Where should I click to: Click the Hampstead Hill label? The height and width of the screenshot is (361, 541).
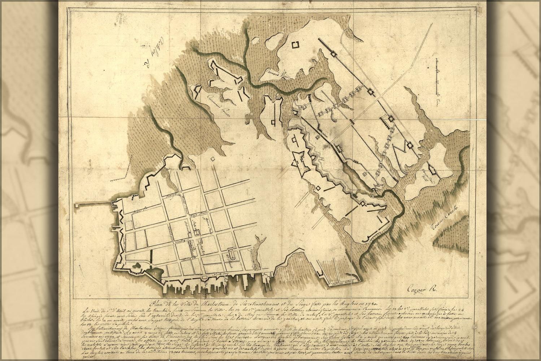pos(421,174)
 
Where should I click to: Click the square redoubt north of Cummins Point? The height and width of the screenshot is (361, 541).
pos(295,45)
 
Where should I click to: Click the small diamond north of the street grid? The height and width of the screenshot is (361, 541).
pos(213,158)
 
